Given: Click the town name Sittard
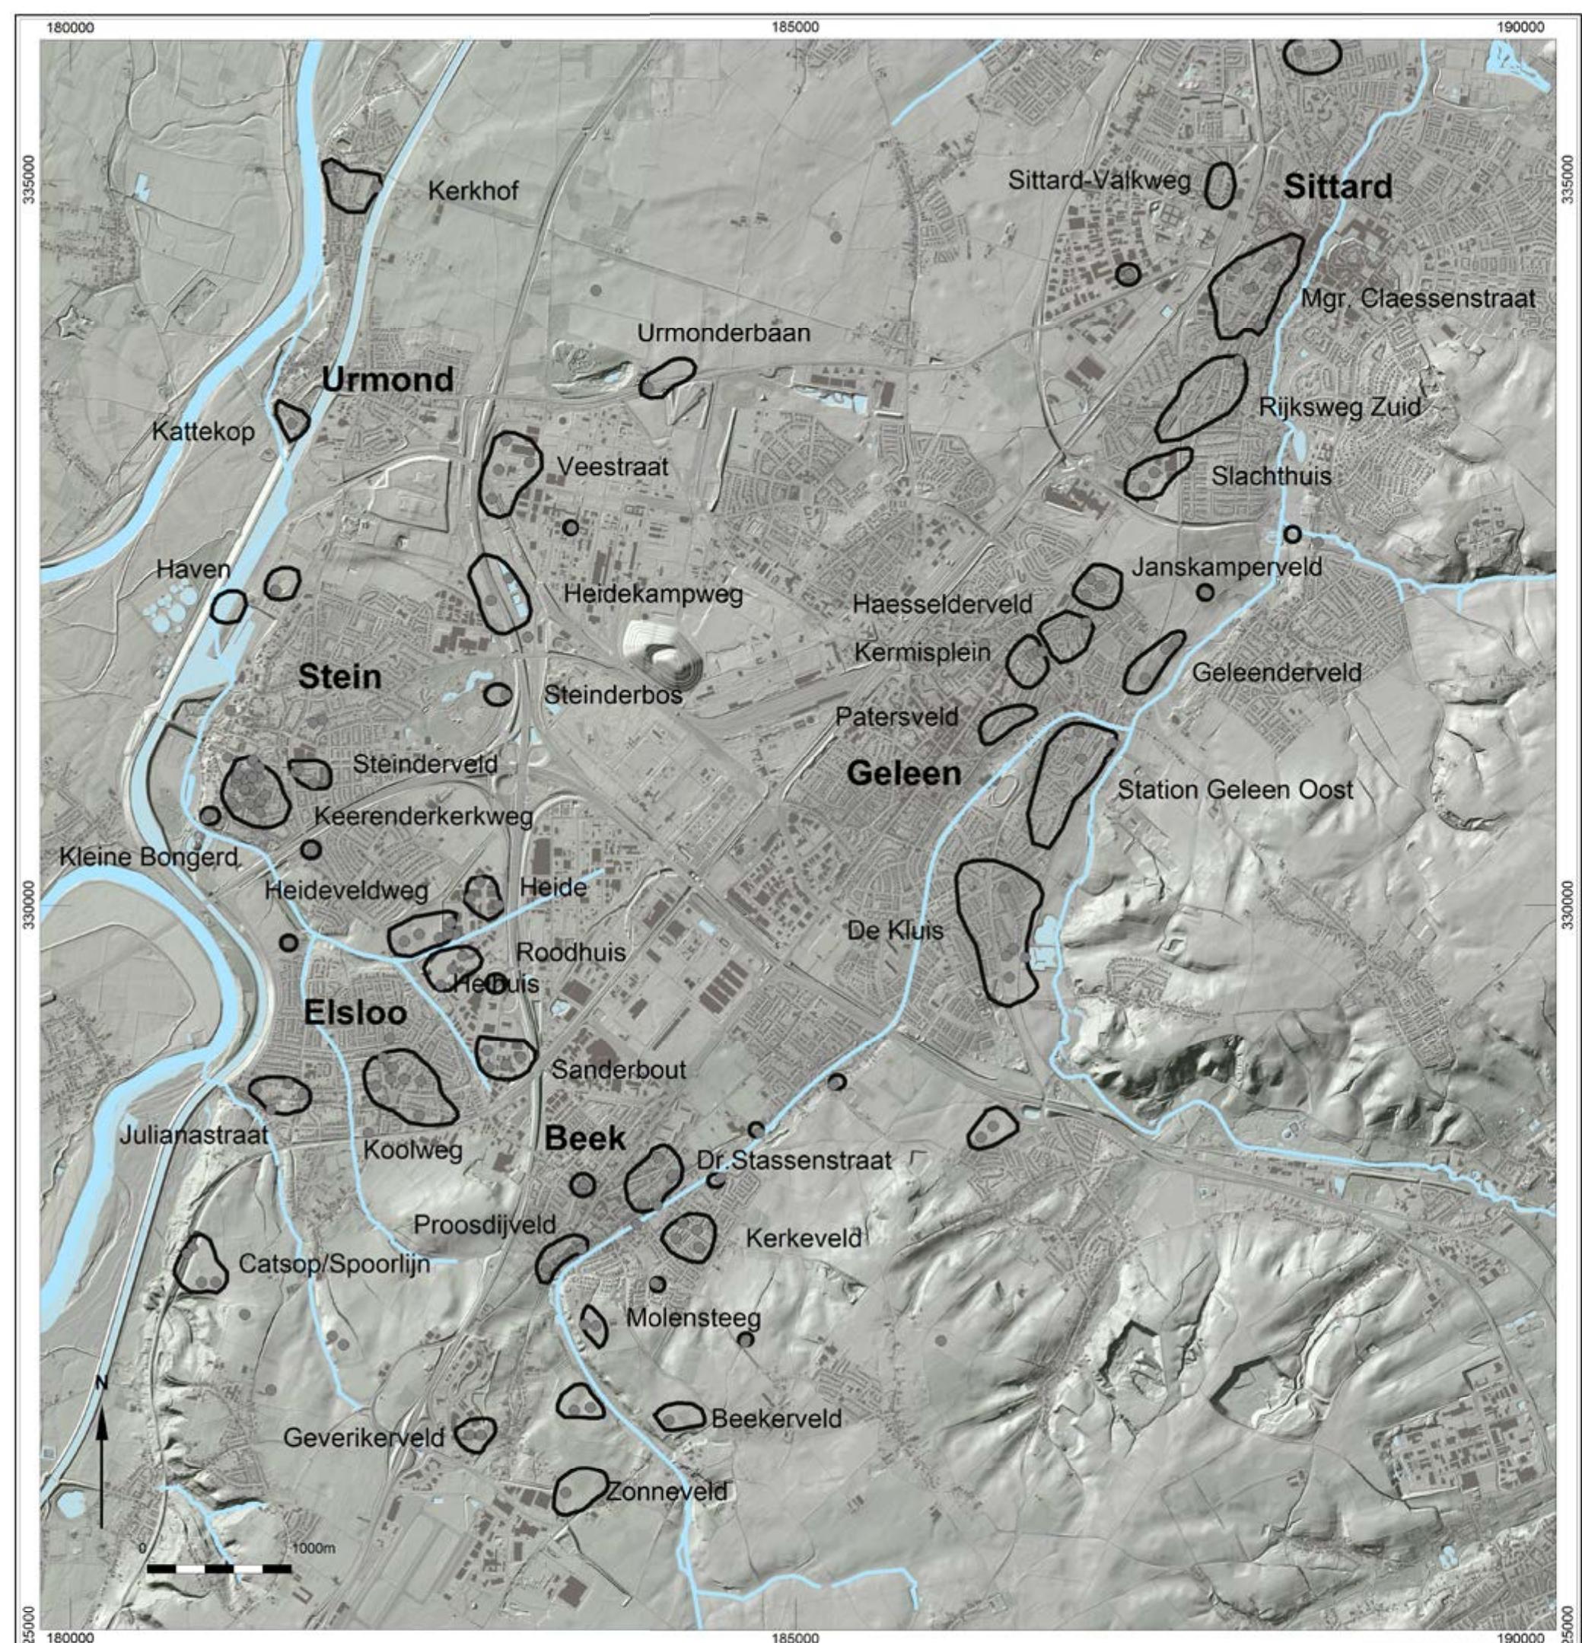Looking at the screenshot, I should pos(1338,187).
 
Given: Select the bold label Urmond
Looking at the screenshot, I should pos(387,381).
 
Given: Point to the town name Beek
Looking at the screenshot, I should pos(585,1138).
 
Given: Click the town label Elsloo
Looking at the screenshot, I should pos(355,1014).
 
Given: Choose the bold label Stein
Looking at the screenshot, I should pos(339,677).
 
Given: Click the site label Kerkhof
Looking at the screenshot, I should pos(473,191).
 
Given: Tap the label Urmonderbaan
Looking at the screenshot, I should pos(724,333).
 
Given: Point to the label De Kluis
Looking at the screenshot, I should pos(906,931).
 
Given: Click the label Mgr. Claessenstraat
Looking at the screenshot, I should pos(1418,298).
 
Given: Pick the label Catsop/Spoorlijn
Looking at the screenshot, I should pos(333,1263).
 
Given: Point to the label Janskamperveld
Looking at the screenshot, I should pos(1227,568).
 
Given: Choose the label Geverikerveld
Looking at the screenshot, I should pos(364,1438).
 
